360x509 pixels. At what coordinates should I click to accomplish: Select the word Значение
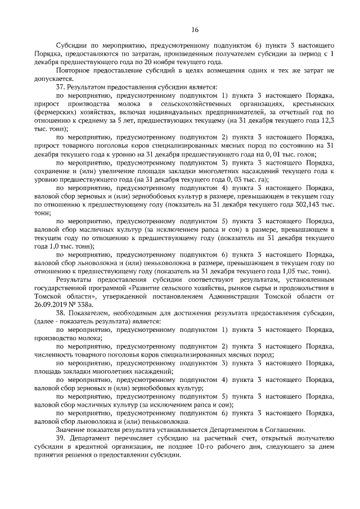(70, 430)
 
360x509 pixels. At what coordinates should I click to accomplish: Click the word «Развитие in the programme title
(143, 287)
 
